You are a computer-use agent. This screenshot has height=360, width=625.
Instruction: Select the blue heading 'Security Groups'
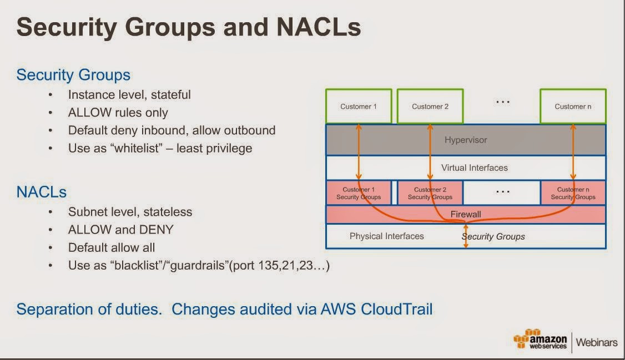coord(73,75)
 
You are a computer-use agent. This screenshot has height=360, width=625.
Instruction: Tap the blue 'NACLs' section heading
coord(42,192)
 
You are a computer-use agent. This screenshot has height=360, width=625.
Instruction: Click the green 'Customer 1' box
coord(359,106)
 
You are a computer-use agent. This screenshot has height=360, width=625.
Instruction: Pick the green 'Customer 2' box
coord(430,106)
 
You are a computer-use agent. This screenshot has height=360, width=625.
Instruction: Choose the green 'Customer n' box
coord(573,106)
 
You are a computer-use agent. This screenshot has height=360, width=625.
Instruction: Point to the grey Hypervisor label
coord(465,140)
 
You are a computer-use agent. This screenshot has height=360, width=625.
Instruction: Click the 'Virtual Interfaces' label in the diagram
coord(474,168)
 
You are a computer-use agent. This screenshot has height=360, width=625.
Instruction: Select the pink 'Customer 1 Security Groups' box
coord(359,193)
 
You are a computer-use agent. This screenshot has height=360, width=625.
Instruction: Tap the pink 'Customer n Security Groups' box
coord(573,193)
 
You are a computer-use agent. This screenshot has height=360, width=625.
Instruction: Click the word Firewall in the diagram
coord(465,214)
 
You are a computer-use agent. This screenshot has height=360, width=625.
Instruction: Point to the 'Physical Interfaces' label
coord(386,236)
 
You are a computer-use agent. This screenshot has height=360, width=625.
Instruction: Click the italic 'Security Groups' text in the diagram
coord(493,236)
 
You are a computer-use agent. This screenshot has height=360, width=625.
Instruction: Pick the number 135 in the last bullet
coord(269,266)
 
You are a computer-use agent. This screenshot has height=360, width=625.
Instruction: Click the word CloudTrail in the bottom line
coord(396,309)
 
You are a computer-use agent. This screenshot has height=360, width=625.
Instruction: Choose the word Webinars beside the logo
coord(596,342)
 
